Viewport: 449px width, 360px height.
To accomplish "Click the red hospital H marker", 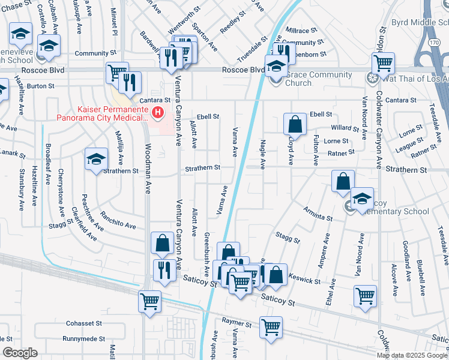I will pos(158,112).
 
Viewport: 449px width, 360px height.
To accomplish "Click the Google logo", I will pos(20,353).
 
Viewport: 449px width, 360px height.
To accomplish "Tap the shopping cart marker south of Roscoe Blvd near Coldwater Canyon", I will pos(382,62).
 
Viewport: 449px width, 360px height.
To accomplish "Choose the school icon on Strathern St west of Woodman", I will pos(95,160).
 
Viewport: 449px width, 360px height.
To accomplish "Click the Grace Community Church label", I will pos(319,79).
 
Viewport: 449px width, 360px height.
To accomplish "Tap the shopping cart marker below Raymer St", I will pos(271,328).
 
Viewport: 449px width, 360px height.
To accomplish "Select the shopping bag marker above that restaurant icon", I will pos(162,243).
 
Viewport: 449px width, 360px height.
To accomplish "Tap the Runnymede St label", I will pos(83,339).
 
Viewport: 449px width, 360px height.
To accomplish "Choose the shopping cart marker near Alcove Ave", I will pos(365,296).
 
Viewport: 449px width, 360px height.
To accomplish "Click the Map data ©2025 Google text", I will pos(412,355).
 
